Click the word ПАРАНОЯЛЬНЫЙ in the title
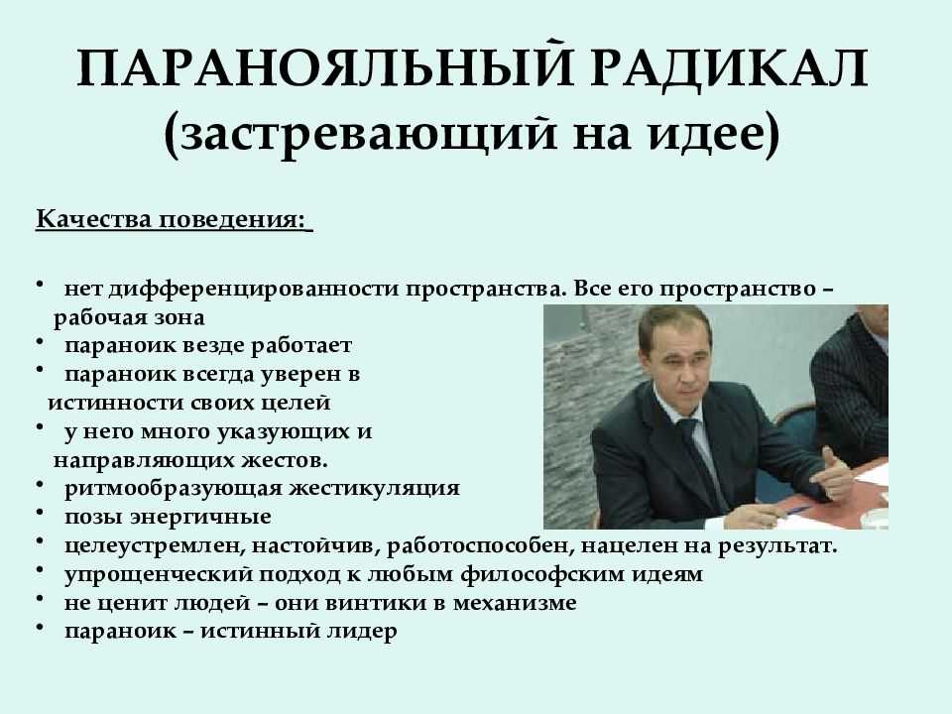point(325,67)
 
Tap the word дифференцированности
point(254,290)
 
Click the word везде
point(213,345)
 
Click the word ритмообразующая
point(173,488)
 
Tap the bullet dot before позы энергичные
point(40,513)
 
